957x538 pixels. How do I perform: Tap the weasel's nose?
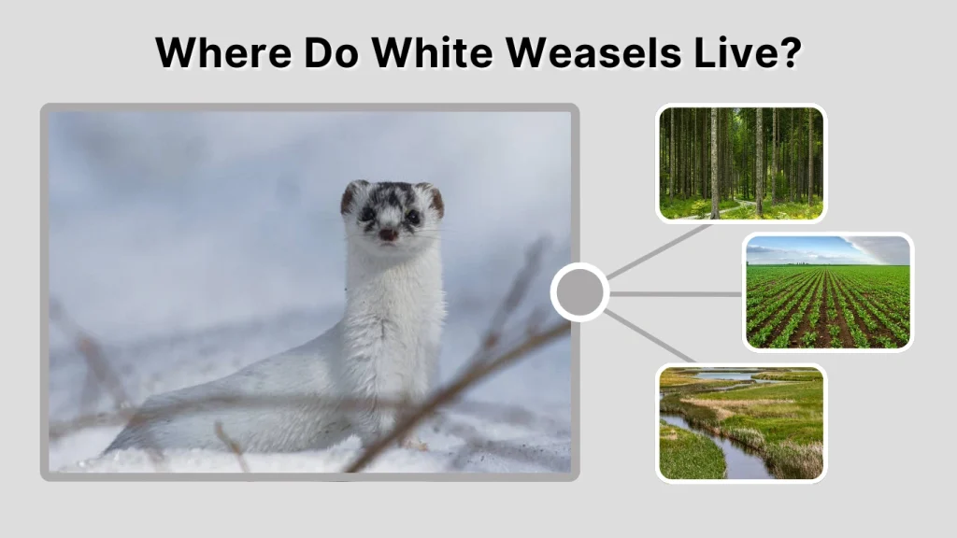(387, 234)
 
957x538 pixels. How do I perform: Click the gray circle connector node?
(579, 293)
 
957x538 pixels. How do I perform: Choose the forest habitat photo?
(741, 163)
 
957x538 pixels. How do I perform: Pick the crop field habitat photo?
(828, 291)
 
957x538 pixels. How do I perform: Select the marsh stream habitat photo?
(741, 422)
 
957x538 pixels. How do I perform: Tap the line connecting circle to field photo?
(676, 293)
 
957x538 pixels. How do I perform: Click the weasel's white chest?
(393, 299)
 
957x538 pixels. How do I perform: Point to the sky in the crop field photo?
(813, 248)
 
